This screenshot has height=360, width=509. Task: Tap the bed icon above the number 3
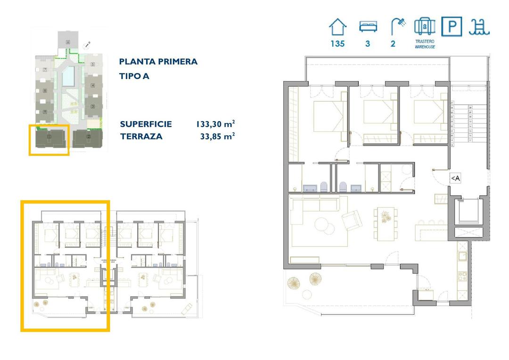click(x=367, y=26)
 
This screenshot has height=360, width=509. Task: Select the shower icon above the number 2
click(x=397, y=26)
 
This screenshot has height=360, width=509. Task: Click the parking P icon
click(x=452, y=26)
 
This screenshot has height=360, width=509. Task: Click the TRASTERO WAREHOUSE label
click(x=425, y=44)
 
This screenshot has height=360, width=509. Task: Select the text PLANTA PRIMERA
click(x=158, y=62)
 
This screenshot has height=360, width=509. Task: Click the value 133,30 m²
click(x=215, y=124)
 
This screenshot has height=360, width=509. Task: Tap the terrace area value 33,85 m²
click(x=217, y=137)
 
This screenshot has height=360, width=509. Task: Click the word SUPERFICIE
click(x=146, y=124)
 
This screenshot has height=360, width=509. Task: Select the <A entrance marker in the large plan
click(x=455, y=178)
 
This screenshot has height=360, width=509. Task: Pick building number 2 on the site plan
click(x=88, y=137)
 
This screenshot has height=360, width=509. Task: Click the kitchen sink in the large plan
click(x=462, y=257)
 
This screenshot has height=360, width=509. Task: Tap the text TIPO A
click(x=134, y=76)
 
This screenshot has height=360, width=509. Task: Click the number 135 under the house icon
click(x=337, y=44)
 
